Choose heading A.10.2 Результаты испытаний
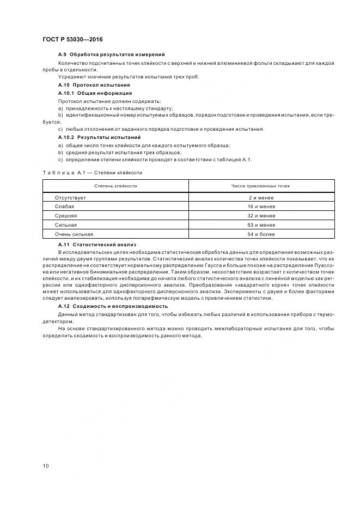pos(99,137)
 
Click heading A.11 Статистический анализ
pos(97,245)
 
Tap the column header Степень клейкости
pos(115,186)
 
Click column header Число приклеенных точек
pos(261,186)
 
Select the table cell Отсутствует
pos(70,198)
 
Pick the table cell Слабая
pos(64,207)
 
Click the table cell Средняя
pos(66,216)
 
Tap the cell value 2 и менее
pos(261,198)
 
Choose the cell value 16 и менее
pos(261,207)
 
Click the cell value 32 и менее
pos(261,216)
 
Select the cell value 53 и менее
pos(261,225)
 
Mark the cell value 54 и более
pos(261,234)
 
